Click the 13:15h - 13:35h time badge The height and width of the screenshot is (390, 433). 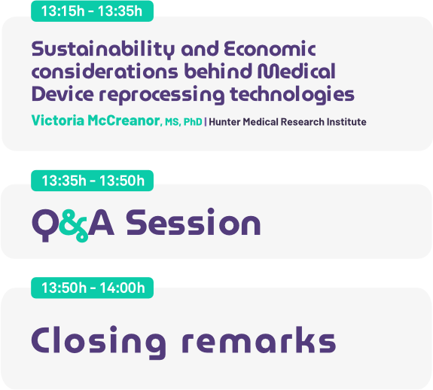[x=92, y=11]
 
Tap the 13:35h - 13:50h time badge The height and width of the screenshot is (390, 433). [x=92, y=181]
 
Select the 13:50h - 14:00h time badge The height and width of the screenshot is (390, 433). [x=92, y=288]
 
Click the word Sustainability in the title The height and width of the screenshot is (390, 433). [x=103, y=50]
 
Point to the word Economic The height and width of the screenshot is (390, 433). [x=270, y=49]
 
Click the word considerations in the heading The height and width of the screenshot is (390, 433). [x=105, y=72]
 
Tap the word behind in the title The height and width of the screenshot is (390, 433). [x=218, y=72]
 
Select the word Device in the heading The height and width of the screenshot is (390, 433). [x=63, y=94]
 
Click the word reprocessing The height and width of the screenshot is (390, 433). [x=162, y=95]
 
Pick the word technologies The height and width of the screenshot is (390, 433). [x=292, y=95]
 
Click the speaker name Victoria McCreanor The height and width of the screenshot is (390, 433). [x=96, y=120]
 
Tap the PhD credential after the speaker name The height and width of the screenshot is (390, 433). [x=193, y=122]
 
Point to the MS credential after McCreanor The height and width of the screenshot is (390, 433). [x=172, y=122]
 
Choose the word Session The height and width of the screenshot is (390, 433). [x=194, y=222]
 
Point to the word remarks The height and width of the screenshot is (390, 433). [x=259, y=340]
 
